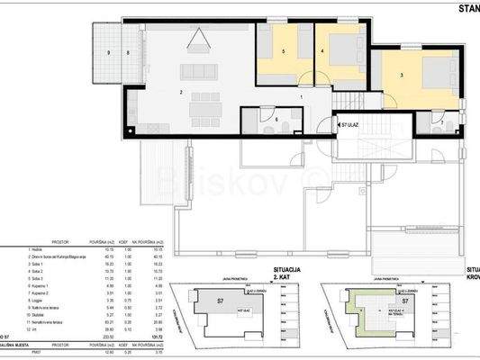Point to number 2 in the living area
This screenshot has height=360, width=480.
tap(182, 93)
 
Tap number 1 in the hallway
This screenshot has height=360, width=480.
tap(302, 95)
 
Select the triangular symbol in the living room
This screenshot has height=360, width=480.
tap(198, 40)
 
